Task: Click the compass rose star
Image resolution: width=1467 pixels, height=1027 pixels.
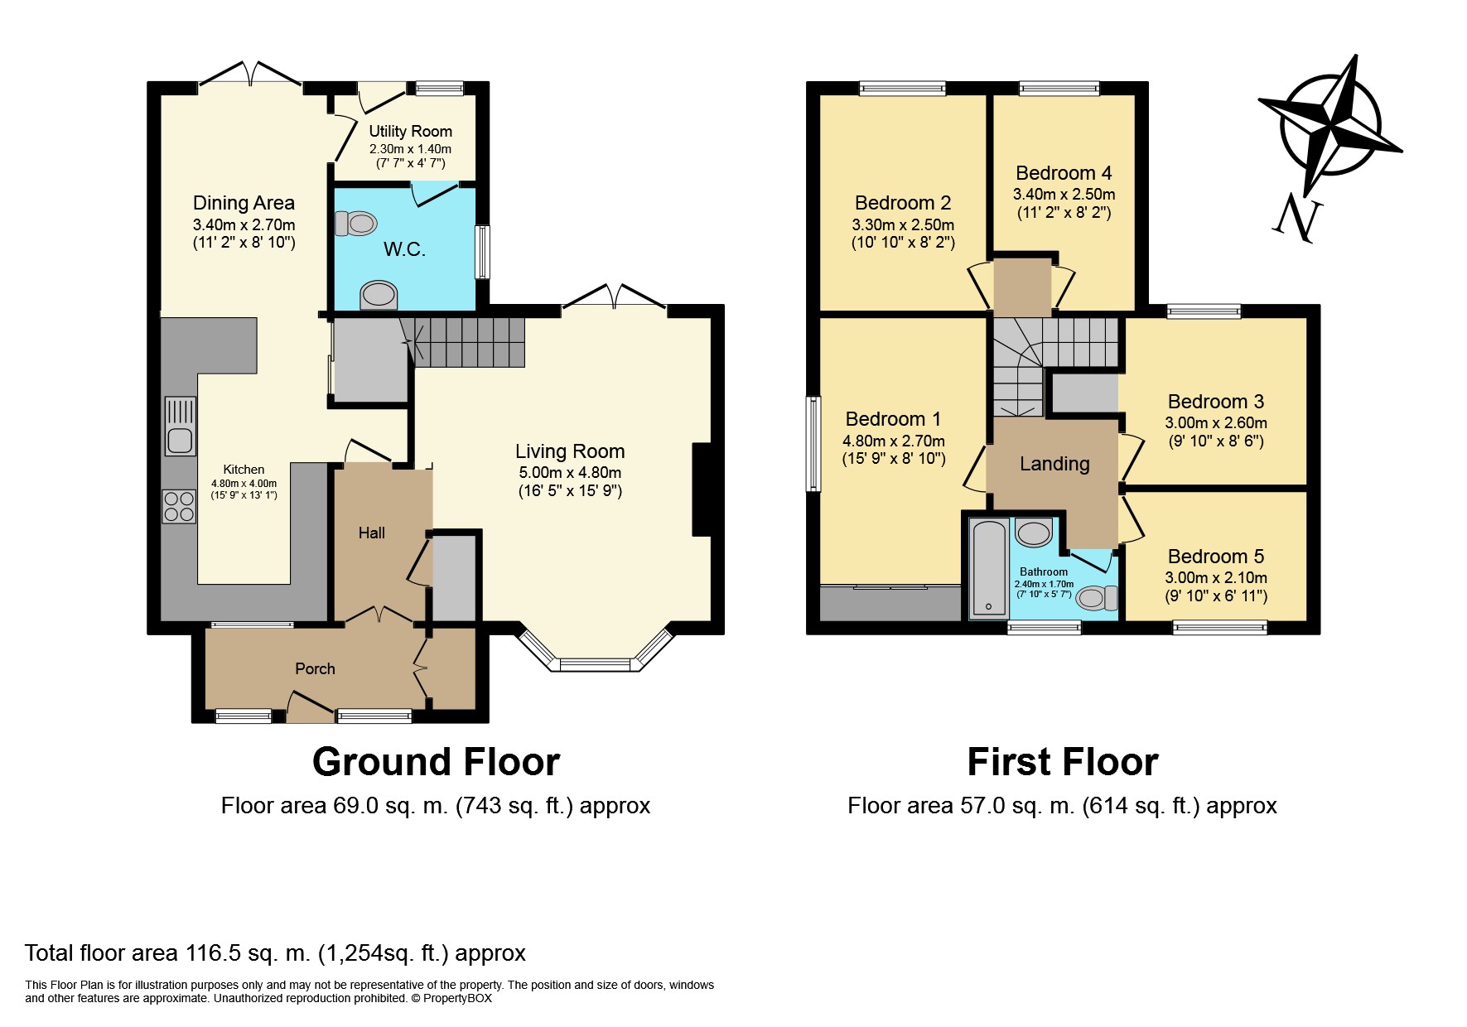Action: point(1330,127)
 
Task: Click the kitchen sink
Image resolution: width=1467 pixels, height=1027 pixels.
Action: point(181,427)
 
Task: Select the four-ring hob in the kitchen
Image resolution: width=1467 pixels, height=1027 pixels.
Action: point(179,506)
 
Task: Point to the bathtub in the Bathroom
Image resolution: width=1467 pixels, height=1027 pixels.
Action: point(989,568)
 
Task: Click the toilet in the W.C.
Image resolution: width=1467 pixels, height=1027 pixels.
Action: point(355,224)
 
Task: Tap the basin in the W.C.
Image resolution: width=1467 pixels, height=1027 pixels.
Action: point(379,294)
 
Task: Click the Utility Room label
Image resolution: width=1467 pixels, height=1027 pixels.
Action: point(411,131)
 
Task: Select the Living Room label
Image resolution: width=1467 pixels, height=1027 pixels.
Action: point(570,451)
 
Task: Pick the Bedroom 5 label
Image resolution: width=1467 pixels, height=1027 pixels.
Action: point(1216,557)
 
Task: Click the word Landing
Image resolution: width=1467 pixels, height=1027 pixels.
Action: point(1054,465)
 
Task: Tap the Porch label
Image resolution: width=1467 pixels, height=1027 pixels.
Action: point(316,668)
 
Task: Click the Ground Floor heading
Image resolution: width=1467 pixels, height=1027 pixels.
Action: point(437,762)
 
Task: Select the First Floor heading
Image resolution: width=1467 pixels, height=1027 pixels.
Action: point(1063,762)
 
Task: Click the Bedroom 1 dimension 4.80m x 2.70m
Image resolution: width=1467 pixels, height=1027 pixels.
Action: point(894,441)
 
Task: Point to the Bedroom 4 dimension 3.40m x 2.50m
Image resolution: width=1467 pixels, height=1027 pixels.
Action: point(1064,195)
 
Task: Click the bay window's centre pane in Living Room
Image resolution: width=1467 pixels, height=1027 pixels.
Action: point(596,663)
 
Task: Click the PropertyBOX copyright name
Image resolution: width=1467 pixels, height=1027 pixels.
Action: point(457,998)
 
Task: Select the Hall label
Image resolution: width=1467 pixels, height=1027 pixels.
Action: point(372,533)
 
